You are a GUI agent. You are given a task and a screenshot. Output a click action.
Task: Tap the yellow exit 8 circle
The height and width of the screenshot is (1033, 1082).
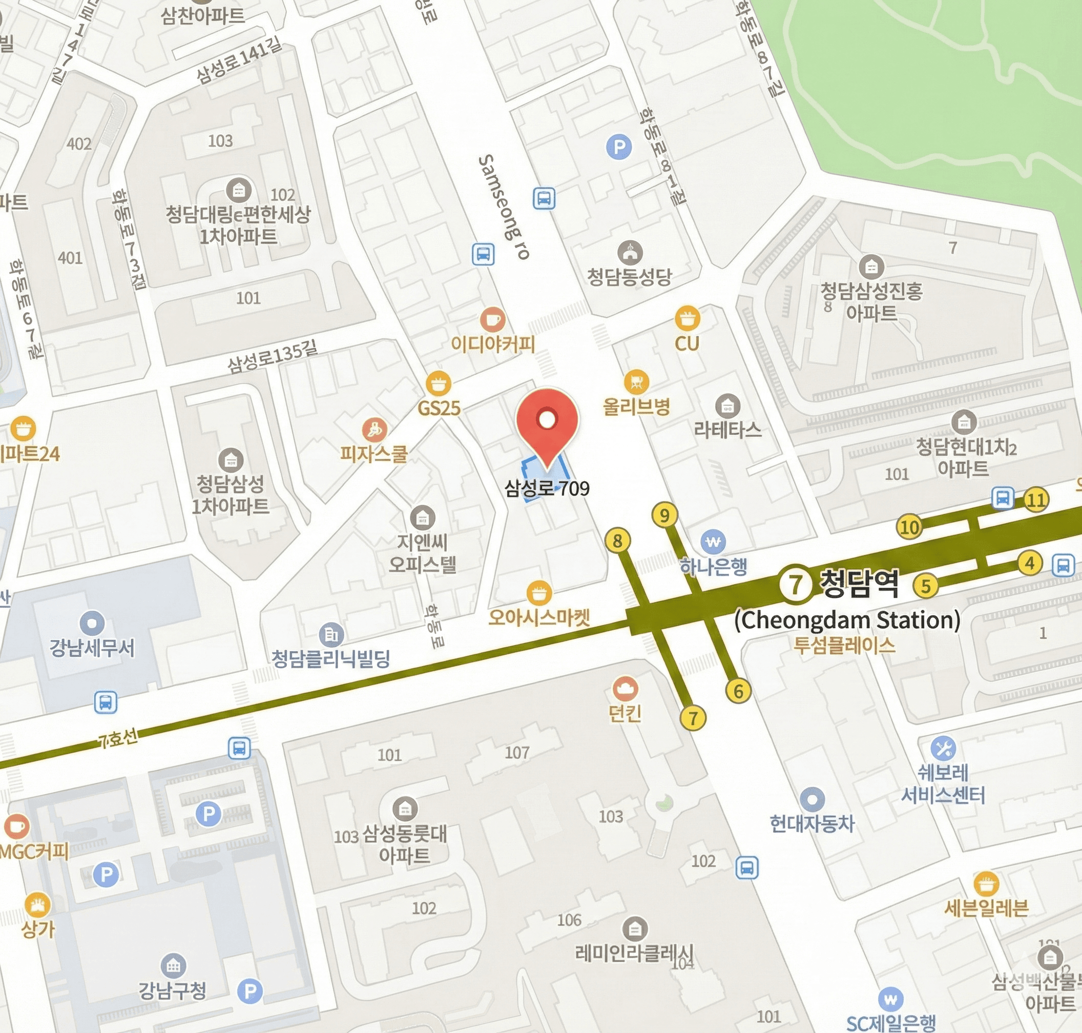coord(617,541)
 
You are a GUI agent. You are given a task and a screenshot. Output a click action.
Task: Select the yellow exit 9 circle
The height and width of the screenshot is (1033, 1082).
coord(664,515)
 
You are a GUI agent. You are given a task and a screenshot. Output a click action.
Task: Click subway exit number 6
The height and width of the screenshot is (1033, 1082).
coord(738,691)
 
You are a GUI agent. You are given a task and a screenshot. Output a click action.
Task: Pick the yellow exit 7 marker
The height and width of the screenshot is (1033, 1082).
coord(693,717)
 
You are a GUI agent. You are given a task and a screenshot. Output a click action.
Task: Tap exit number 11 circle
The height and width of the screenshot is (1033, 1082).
coord(1036,500)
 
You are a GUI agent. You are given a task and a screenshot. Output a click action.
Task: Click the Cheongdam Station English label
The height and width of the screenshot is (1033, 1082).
coord(847,620)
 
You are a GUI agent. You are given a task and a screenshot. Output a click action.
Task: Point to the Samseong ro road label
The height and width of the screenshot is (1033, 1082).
coord(503,206)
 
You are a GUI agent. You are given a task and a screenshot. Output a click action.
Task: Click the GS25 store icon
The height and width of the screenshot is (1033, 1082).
coord(439,383)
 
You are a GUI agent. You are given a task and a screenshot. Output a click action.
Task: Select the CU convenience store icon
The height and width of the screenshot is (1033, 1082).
coord(687,318)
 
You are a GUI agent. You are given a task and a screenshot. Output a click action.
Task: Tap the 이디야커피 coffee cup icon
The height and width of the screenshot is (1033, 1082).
coord(492,319)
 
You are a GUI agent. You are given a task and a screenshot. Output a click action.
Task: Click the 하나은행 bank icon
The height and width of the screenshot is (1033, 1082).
coord(713,542)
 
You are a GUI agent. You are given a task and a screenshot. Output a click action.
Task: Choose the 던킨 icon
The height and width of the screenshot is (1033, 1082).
coord(625,688)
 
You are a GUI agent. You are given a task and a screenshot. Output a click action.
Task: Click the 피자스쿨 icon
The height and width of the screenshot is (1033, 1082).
coord(374,429)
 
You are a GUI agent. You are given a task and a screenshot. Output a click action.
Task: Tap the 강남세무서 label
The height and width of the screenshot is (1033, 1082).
coord(92,648)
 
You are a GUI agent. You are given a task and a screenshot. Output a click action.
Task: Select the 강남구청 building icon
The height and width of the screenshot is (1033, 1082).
coord(173,965)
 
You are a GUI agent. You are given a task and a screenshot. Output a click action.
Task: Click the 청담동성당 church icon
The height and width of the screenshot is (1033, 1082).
coord(630,253)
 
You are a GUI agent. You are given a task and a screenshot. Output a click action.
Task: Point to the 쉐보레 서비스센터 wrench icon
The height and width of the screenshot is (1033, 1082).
coord(943,748)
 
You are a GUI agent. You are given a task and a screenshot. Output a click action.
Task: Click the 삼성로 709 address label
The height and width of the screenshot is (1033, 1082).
coord(547,488)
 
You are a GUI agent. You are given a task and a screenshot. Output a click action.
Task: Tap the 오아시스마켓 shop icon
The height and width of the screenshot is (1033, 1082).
coord(539,593)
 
